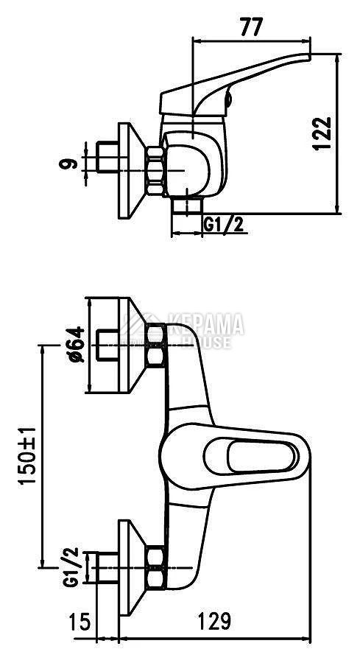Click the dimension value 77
[x=251, y=28]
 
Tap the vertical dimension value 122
[x=322, y=133]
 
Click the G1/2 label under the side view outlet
[x=224, y=224]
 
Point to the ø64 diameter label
[x=77, y=344]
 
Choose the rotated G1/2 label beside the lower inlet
[x=71, y=567]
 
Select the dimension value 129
[x=215, y=621]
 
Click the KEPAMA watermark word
[x=206, y=324]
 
